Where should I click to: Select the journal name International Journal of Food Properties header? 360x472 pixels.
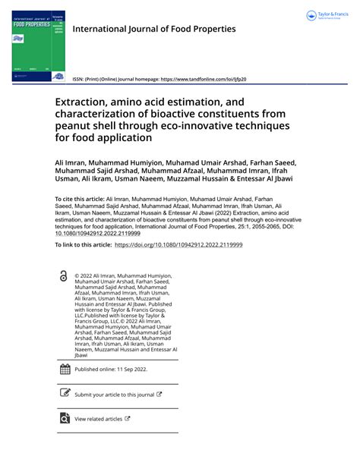[x=153, y=29]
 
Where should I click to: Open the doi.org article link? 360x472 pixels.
[x=178, y=246]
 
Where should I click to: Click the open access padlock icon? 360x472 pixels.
[x=62, y=278]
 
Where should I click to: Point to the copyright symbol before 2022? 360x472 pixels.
[x=77, y=275]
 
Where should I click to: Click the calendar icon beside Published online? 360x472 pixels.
[x=64, y=370]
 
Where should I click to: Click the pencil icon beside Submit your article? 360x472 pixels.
[x=64, y=394]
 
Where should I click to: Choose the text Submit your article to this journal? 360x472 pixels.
[x=114, y=395]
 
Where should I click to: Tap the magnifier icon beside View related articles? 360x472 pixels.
[x=64, y=418]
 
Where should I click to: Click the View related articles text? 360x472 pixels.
[x=98, y=419]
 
